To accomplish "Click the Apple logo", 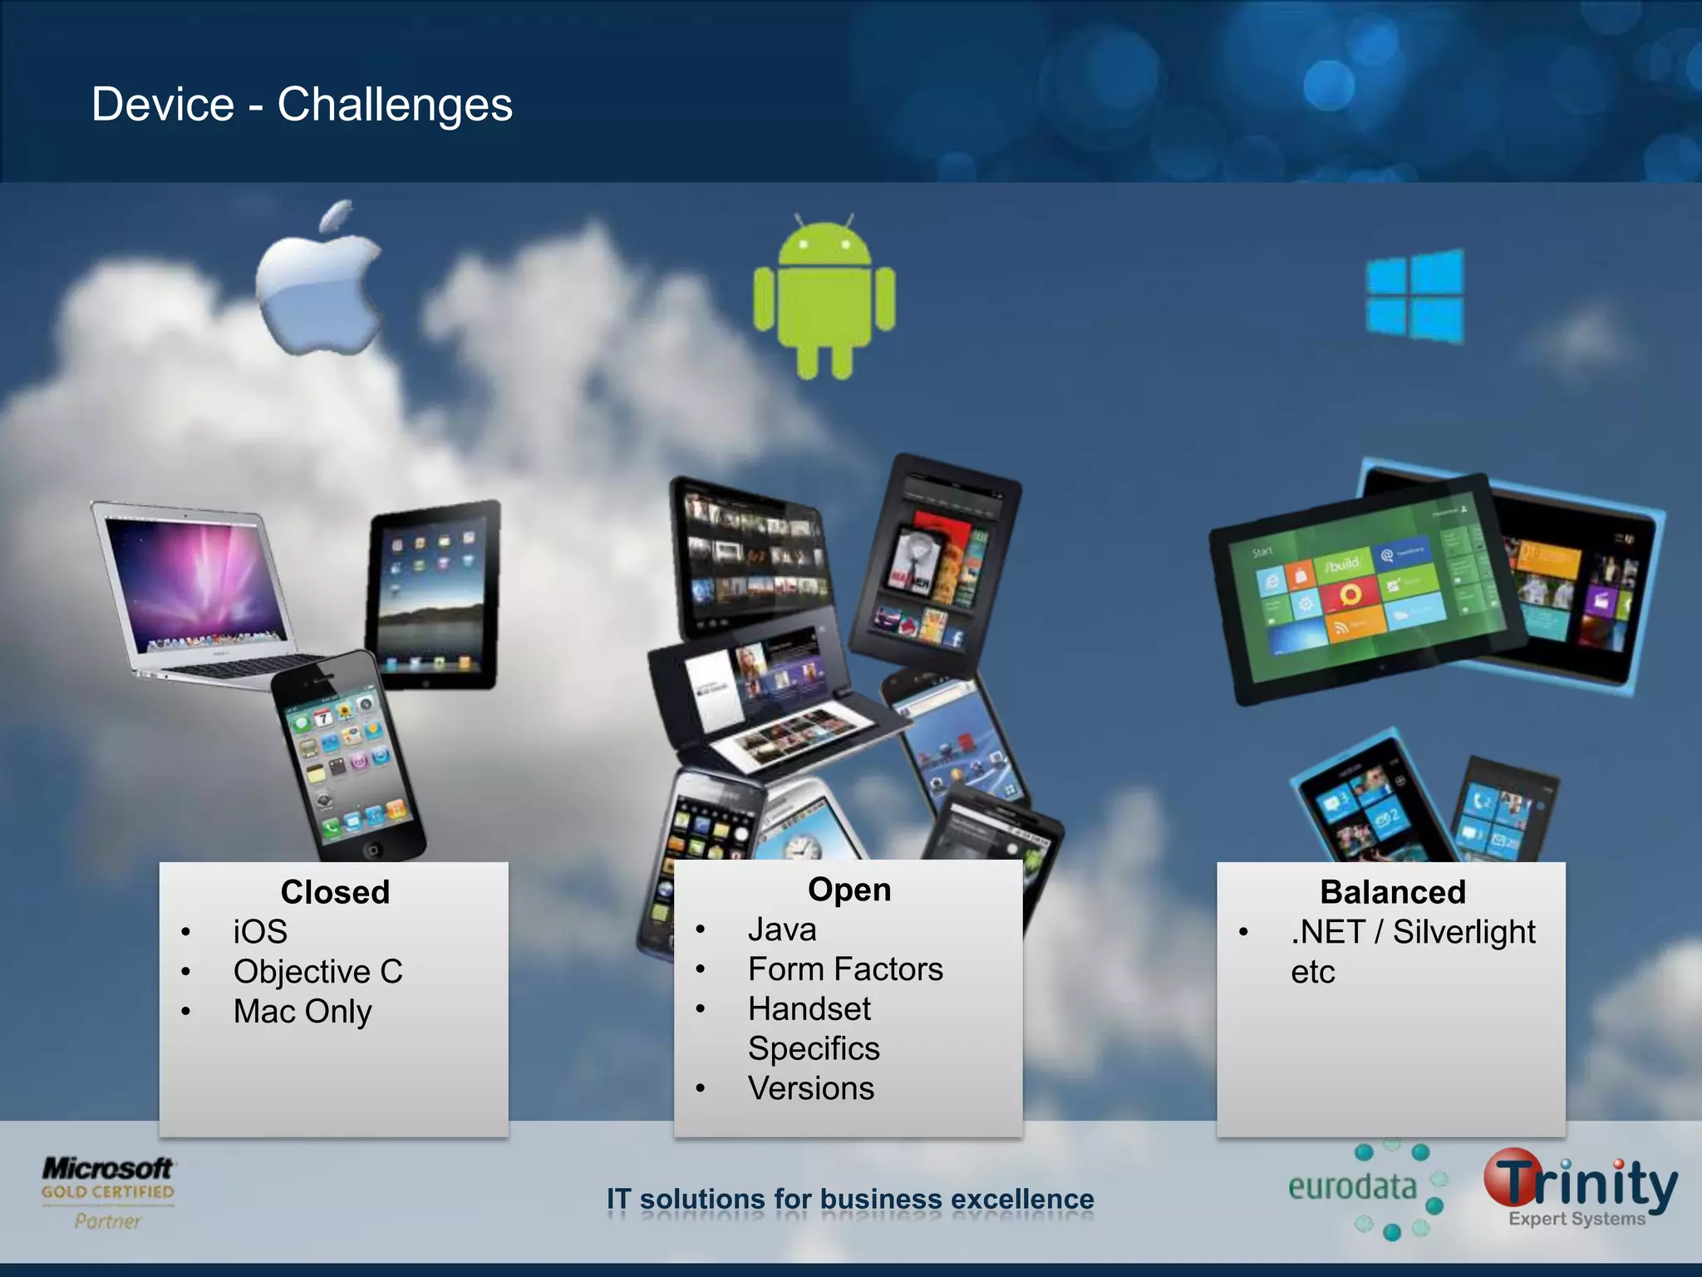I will (317, 287).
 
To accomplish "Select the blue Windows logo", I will (1416, 296).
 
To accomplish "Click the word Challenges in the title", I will (395, 106).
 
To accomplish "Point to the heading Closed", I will (335, 892).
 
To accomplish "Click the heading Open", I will (849, 890).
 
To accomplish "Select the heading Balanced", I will (1393, 892).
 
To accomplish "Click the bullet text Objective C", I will (317, 972).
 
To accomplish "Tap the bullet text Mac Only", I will (303, 1012).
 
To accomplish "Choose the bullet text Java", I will (782, 929).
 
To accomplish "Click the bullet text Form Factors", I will (845, 969).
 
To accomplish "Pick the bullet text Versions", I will (811, 1088).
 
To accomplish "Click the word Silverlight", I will (1463, 932).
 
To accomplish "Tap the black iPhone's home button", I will (372, 849).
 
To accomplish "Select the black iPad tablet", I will (433, 594).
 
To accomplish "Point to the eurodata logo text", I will (1351, 1187).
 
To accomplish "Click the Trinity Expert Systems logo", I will (1580, 1189).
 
